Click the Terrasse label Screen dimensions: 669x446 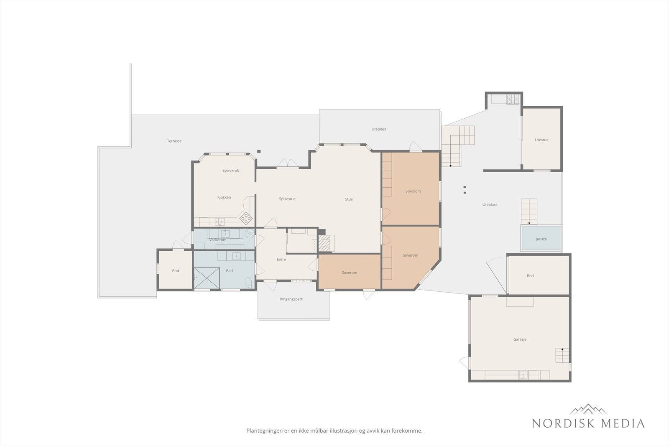coord(174,141)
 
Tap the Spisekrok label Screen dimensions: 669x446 coord(230,171)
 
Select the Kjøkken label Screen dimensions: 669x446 coord(224,197)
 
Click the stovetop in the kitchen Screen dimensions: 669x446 coord(246,218)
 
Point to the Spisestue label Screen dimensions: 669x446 coord(287,199)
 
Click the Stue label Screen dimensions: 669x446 coord(349,199)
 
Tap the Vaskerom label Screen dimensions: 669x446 coord(218,240)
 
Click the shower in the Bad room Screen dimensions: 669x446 coord(207,278)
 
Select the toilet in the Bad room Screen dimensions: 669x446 coord(248,283)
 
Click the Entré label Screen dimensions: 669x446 coord(281,260)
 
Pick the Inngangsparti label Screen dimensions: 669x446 coord(291,299)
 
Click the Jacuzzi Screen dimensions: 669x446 coord(541,238)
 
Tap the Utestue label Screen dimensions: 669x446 coord(541,140)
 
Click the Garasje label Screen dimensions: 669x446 coord(520,339)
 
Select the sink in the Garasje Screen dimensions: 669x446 coord(523,375)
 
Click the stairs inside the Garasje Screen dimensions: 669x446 coord(562,355)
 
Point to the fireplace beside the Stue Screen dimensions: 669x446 coord(324,243)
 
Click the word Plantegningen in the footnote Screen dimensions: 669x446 coord(263,431)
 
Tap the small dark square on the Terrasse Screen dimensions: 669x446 coord(259,151)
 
